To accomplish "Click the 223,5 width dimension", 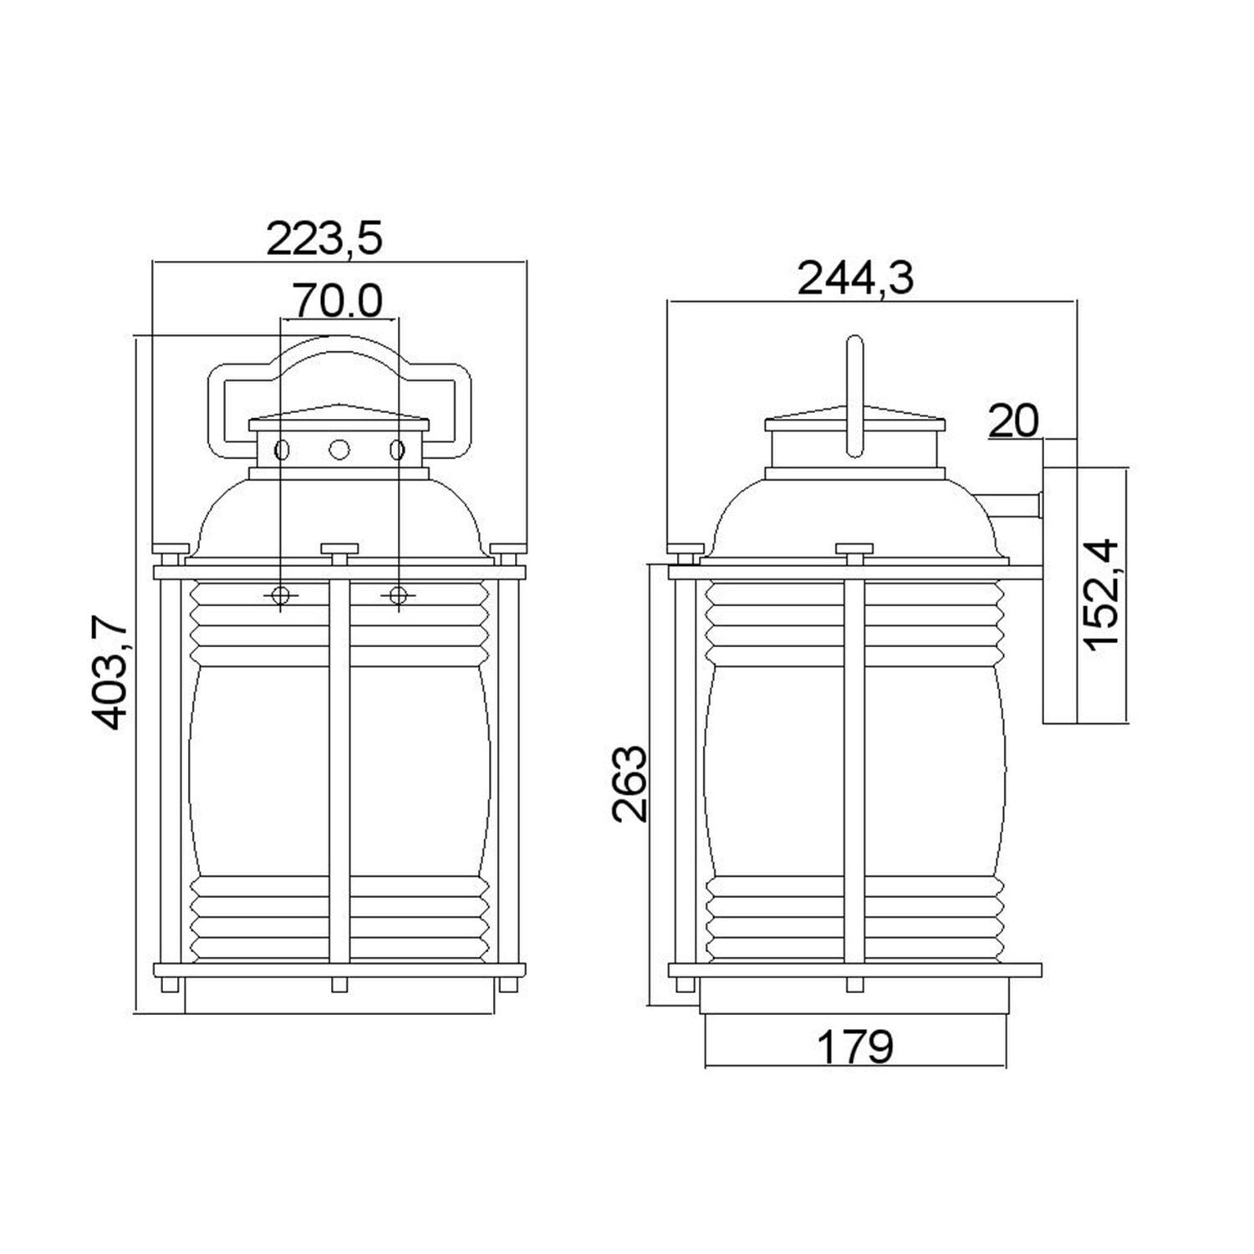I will click(x=324, y=239).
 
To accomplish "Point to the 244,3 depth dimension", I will click(x=854, y=278).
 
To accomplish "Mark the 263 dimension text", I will click(x=629, y=783).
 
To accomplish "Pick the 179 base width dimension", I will click(x=854, y=1046).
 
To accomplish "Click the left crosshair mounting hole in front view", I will click(x=281, y=594).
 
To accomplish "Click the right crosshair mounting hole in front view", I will click(x=399, y=594).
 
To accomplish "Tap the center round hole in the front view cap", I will click(x=339, y=450).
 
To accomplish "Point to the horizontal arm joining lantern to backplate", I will click(x=1012, y=505).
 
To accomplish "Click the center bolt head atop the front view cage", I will click(x=339, y=549).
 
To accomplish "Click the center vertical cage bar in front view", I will click(x=339, y=769).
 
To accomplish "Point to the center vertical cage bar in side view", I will click(x=854, y=769).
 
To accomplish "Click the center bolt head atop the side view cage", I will click(x=854, y=549).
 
